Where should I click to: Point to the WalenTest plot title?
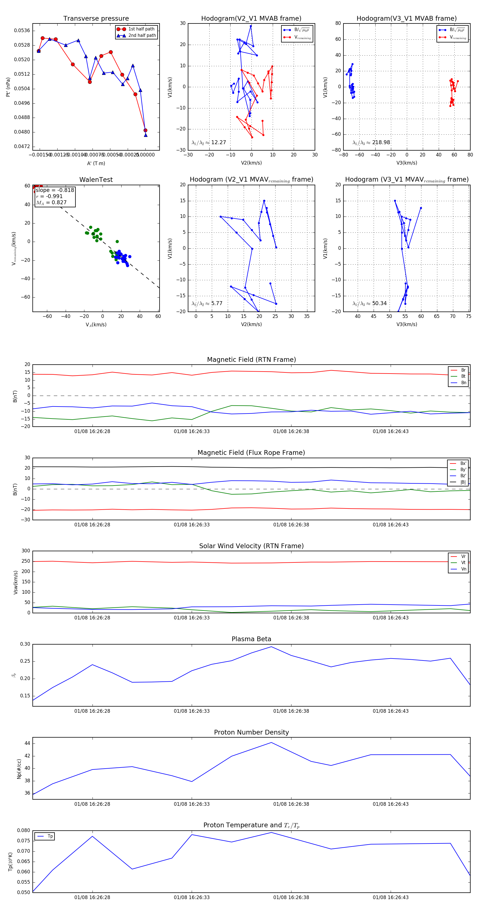[x=96, y=180]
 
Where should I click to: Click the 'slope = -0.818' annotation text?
[x=55, y=190]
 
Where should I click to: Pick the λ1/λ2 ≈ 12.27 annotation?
[x=209, y=142]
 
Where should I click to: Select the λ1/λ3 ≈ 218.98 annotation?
[x=371, y=142]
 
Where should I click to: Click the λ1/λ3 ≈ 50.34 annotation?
[x=369, y=303]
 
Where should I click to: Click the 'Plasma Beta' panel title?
[x=251, y=639]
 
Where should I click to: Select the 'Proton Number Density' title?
[x=251, y=732]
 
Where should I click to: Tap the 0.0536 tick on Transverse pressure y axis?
[x=22, y=30]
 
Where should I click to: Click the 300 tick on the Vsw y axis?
[x=26, y=551]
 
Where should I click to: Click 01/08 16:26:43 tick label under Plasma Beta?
[x=391, y=711]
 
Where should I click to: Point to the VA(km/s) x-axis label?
[x=96, y=325]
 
